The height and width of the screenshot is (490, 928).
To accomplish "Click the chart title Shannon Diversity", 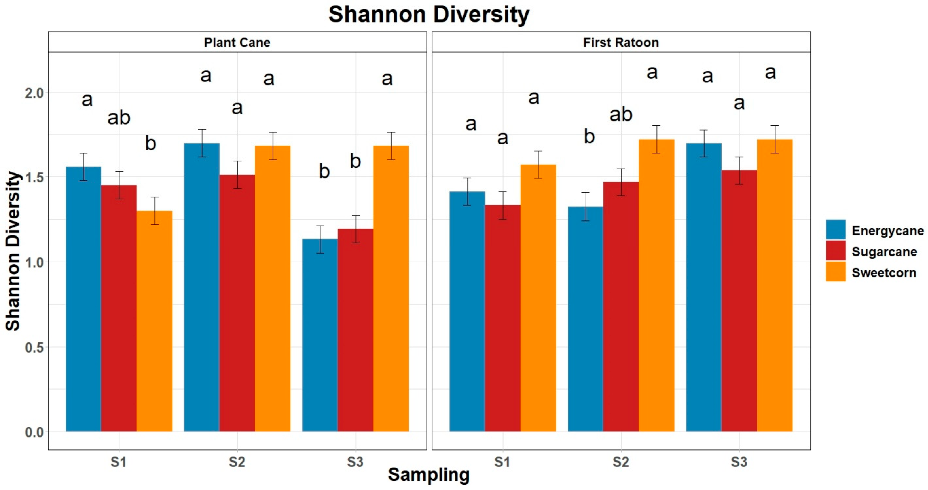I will pyautogui.click(x=429, y=14).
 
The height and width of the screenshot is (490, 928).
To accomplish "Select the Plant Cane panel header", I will pyautogui.click(x=237, y=43).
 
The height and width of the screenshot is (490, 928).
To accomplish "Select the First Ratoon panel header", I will pyautogui.click(x=621, y=43).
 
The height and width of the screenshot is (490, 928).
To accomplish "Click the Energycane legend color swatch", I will pyautogui.click(x=835, y=230).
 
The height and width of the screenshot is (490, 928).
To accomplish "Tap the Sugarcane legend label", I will pyautogui.click(x=884, y=252).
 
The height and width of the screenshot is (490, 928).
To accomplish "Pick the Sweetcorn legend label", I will pyautogui.click(x=884, y=273).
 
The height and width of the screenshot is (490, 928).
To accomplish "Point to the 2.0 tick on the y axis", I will pyautogui.click(x=34, y=93).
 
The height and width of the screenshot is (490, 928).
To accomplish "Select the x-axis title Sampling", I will pyautogui.click(x=429, y=474).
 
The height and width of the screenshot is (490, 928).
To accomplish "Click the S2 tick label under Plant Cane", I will pyautogui.click(x=237, y=462).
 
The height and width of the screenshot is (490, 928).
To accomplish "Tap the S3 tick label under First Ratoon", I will pyautogui.click(x=739, y=462).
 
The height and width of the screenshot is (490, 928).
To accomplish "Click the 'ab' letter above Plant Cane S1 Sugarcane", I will pyautogui.click(x=119, y=118).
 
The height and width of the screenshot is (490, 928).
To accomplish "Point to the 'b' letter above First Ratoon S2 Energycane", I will pyautogui.click(x=589, y=136).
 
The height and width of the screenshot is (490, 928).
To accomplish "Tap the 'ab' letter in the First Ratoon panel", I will pyautogui.click(x=621, y=115).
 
